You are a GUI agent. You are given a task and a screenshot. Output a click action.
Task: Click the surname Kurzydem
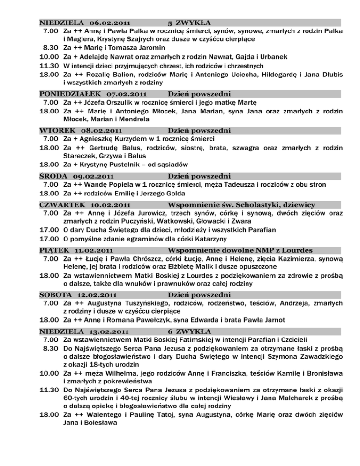click(x=149, y=139)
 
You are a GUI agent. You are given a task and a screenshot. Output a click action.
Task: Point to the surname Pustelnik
click(x=135, y=165)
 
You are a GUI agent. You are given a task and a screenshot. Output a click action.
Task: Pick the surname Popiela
click(x=128, y=184)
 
